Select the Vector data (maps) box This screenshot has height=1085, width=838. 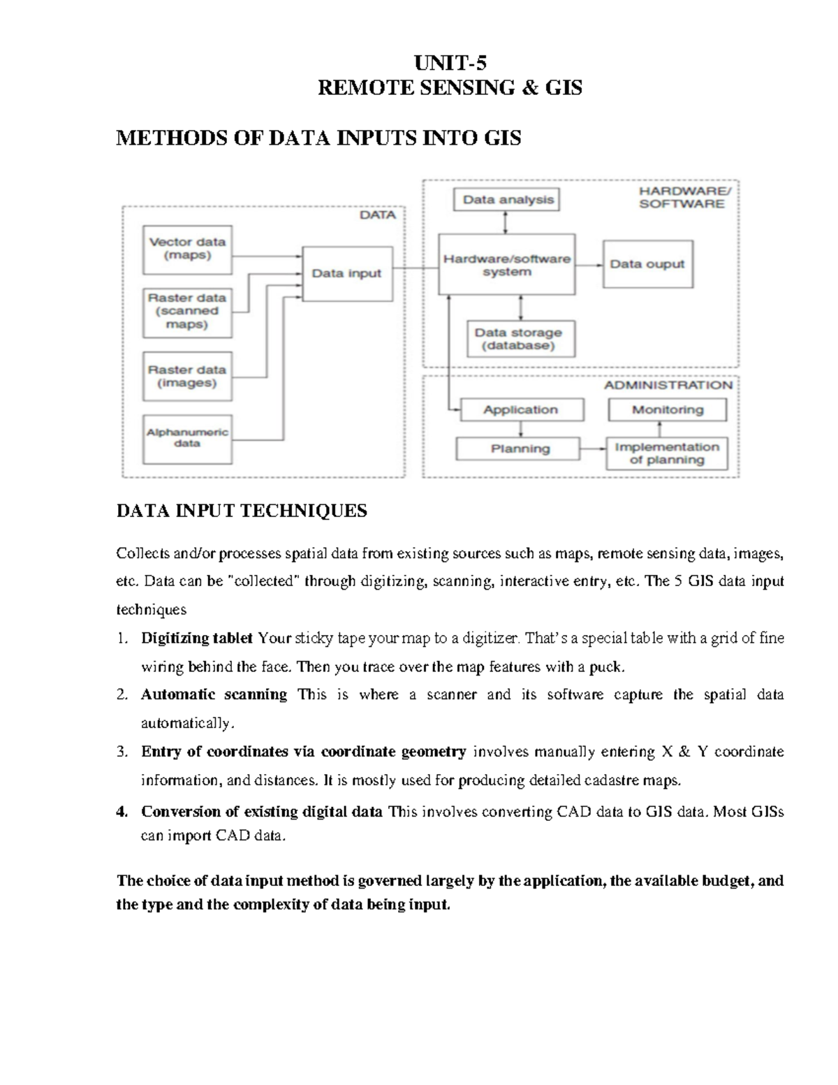pos(187,249)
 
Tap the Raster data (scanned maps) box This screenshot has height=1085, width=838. pos(187,312)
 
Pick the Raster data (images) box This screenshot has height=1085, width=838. pos(187,377)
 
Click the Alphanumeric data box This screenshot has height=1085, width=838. pos(187,439)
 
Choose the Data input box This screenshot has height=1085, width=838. pos(346,273)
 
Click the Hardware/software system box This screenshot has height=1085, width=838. pos(507,265)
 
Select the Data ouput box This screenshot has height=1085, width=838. pos(647,264)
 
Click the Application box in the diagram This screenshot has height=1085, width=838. pos(521,410)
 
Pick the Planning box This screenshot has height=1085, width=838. pos(518,449)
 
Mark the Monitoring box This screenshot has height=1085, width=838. pos(667,410)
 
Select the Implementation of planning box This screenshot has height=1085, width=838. pos(667,453)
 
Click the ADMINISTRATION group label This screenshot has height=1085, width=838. pos(668,385)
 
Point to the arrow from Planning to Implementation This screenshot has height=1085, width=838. pos(593,449)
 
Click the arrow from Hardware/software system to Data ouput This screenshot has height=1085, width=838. pos(589,265)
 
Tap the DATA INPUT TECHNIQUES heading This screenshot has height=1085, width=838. pos(241,511)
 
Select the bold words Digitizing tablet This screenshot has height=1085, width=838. pos(196,638)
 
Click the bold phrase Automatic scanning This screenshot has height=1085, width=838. pos(214,694)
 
